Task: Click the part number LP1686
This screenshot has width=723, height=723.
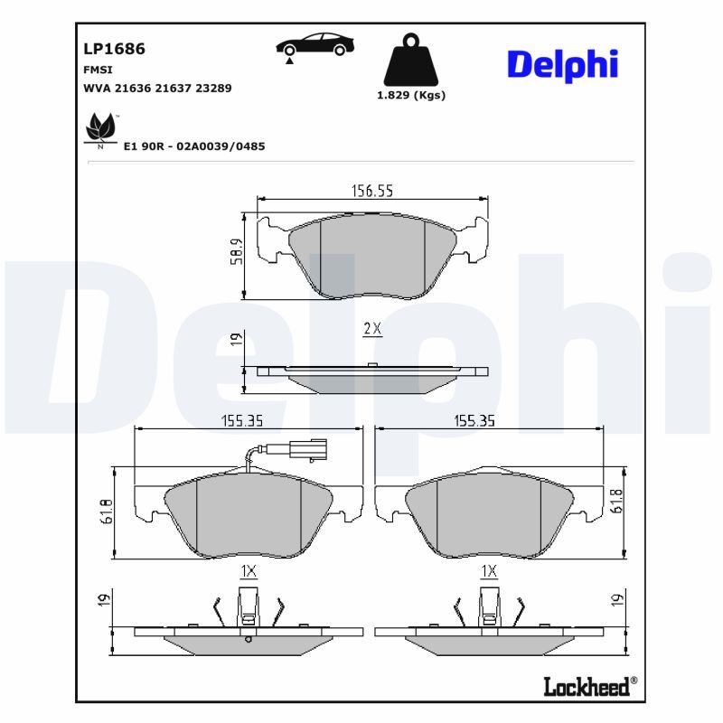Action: click(114, 49)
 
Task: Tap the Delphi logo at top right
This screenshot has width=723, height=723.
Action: click(562, 64)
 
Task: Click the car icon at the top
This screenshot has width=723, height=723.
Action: click(315, 45)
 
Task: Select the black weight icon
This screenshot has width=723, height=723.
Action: click(410, 61)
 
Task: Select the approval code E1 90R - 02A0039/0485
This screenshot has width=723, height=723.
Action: click(193, 146)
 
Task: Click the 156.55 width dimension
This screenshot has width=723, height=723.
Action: click(371, 191)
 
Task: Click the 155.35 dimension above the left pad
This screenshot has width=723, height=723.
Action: click(249, 420)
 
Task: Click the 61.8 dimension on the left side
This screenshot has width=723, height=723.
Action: click(106, 512)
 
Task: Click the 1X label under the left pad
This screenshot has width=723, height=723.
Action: click(249, 570)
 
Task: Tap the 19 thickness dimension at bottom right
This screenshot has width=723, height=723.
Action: click(617, 599)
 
